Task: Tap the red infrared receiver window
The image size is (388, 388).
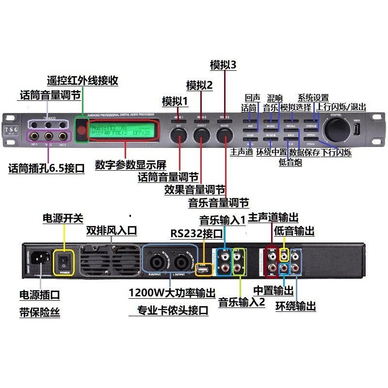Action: [81, 129]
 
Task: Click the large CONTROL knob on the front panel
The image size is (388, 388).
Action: [336, 129]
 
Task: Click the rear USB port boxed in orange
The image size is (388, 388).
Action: [204, 269]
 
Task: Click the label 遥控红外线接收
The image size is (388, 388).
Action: [82, 80]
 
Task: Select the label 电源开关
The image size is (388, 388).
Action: [63, 218]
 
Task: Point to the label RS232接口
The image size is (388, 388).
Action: [196, 233]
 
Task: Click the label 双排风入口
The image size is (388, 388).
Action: [112, 229]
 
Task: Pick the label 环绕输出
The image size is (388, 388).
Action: [295, 306]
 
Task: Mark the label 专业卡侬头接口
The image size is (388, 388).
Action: [173, 310]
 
